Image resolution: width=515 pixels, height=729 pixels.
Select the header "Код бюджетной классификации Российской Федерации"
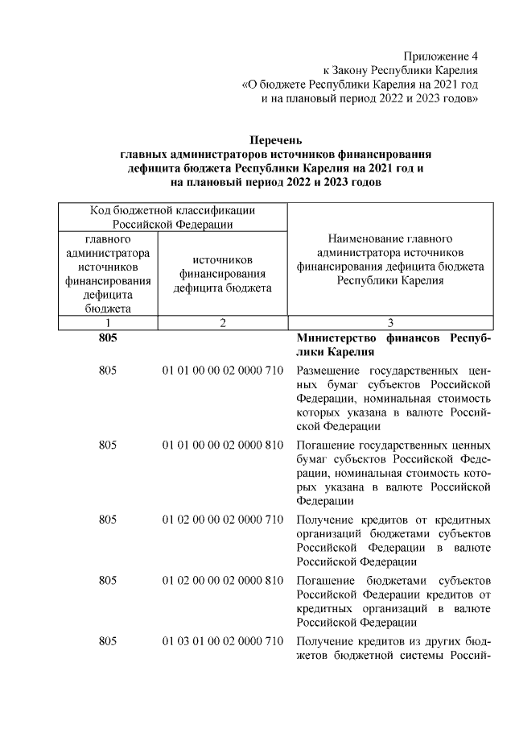[x=172, y=217]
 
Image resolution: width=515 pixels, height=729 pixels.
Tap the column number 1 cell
[x=107, y=322]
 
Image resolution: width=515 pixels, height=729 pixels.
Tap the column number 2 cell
[x=222, y=322]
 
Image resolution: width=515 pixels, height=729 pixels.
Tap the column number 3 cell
[x=389, y=322]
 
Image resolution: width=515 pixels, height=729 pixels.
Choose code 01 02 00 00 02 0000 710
[x=222, y=519]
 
